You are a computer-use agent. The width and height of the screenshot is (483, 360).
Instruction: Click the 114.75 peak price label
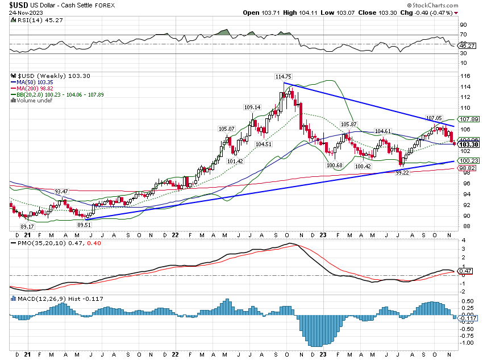click(284, 77)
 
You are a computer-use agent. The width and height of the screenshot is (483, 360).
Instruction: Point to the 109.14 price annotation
click(252, 107)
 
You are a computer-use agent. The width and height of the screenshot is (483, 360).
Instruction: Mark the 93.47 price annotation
click(61, 191)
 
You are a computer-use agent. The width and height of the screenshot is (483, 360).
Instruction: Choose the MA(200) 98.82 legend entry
click(32, 89)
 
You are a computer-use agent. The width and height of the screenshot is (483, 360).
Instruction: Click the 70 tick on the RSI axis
click(463, 35)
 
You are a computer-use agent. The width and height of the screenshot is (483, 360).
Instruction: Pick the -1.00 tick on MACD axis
click(465, 343)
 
